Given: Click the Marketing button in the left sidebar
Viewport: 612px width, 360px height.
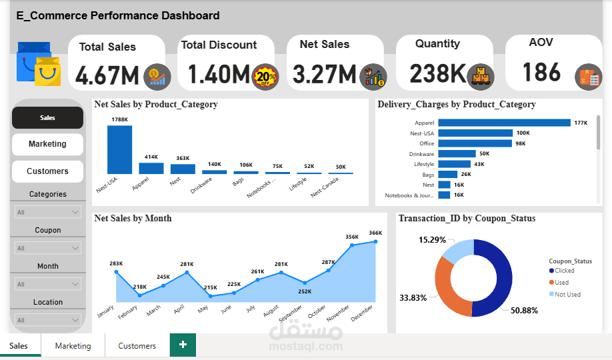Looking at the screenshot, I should click(47, 144).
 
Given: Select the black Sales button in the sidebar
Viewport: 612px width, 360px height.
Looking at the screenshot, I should click(47, 118).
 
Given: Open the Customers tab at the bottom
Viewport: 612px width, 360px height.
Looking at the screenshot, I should click(137, 346).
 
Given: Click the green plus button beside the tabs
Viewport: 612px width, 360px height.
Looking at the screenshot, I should click(183, 345).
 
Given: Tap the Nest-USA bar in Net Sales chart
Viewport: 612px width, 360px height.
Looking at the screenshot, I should click(119, 149).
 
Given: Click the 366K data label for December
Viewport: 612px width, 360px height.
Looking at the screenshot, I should click(375, 233).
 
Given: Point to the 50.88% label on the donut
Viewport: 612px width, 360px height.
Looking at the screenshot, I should click(525, 311).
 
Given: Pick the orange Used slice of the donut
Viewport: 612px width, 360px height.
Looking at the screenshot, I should click(449, 287).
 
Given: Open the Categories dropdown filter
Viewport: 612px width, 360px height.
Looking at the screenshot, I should click(47, 212).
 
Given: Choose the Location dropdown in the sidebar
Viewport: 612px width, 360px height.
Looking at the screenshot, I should click(47, 320).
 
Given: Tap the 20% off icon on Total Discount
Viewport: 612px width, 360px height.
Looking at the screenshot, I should click(265, 77).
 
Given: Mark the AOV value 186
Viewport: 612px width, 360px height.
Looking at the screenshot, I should click(541, 72).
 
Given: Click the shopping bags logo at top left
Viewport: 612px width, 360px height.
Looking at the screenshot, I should click(38, 65).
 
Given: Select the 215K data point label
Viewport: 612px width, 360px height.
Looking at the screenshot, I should click(211, 287).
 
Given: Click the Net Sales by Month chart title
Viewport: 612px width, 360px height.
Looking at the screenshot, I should click(133, 218).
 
